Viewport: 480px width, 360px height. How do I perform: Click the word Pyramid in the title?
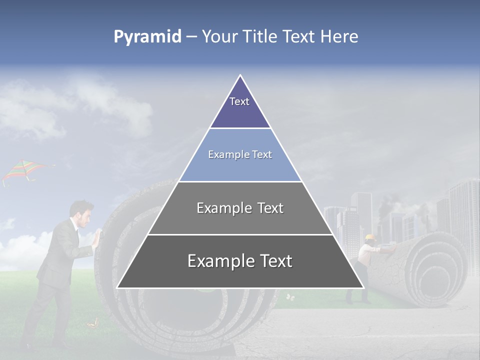pos(147,37)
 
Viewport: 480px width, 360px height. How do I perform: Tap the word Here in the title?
pos(339,36)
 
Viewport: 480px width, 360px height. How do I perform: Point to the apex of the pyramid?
pos(240,76)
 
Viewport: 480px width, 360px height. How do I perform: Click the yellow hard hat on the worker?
pos(370,237)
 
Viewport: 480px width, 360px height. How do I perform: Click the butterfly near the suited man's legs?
pos(92,324)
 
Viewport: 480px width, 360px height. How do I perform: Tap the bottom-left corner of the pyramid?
pos(118,287)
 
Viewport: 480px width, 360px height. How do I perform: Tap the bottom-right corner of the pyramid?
pos(363,287)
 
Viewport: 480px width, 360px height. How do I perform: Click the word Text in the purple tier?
pos(239,101)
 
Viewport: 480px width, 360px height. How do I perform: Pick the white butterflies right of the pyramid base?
pos(290,297)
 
